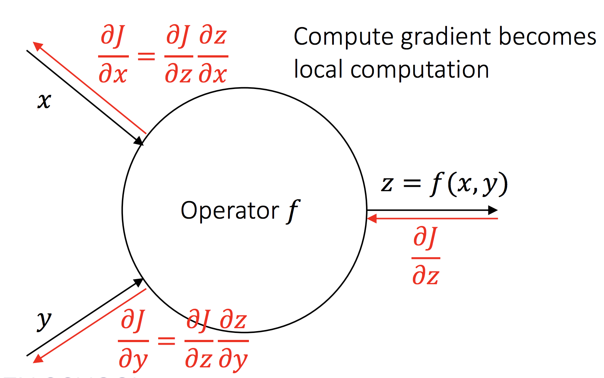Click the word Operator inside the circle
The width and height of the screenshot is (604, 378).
point(230,211)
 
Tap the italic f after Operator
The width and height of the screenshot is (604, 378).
point(294,212)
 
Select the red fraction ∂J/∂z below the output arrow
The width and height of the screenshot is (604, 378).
point(426,256)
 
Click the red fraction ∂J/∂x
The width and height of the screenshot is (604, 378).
point(113,56)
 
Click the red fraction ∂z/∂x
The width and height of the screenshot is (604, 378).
point(213,56)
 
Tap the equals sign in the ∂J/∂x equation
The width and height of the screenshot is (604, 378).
point(146,56)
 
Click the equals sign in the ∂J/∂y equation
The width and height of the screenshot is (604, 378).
point(167,341)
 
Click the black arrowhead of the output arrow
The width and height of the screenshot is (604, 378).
point(493,210)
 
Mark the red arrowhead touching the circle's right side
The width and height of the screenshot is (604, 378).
point(372,219)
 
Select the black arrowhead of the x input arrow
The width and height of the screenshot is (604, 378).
point(139,141)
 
